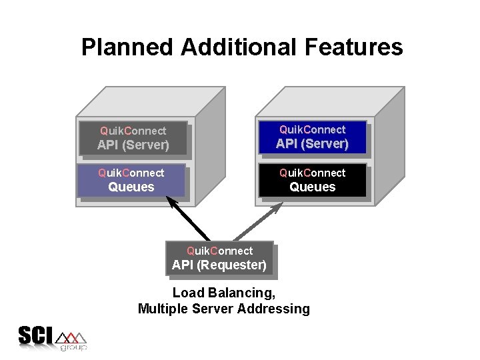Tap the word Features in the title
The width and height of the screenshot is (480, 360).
[x=359, y=48]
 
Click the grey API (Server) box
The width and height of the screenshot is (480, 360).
[x=133, y=138]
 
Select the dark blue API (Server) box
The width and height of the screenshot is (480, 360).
[x=312, y=137]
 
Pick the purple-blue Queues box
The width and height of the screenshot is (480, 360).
[x=131, y=180]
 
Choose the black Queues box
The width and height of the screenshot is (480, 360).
[x=312, y=180]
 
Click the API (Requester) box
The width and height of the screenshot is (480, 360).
[x=219, y=258]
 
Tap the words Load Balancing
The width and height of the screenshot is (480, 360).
[x=223, y=293]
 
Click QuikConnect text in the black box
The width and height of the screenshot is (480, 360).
[x=312, y=173]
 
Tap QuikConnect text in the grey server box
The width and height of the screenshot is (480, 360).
[x=133, y=131]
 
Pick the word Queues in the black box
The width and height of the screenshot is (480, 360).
[x=312, y=187]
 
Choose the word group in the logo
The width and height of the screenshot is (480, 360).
[x=73, y=347]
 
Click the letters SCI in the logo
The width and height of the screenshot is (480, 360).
[x=35, y=335]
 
